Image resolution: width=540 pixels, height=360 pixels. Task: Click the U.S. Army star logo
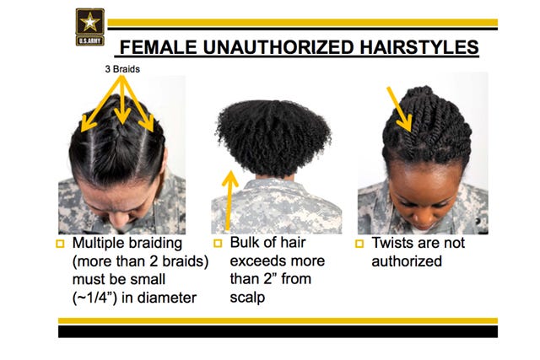pyautogui.click(x=90, y=27)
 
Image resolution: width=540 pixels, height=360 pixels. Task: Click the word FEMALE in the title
pyautogui.click(x=158, y=47)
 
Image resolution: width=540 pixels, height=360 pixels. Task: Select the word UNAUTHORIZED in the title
pyautogui.click(x=278, y=47)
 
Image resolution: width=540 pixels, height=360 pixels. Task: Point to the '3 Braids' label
pyautogui.click(x=122, y=69)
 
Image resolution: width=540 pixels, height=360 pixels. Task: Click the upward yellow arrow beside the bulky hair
pyautogui.click(x=229, y=201)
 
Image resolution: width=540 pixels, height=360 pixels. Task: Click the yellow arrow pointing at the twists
pyautogui.click(x=399, y=109)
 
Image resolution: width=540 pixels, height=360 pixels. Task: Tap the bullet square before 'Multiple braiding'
pyautogui.click(x=60, y=244)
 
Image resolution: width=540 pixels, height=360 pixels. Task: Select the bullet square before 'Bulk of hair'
pyautogui.click(x=218, y=244)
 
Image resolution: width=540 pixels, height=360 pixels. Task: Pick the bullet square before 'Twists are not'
pyautogui.click(x=359, y=244)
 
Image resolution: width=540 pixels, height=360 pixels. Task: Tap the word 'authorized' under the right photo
pyautogui.click(x=407, y=261)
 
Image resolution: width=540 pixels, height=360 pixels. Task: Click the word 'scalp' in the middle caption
pyautogui.click(x=247, y=298)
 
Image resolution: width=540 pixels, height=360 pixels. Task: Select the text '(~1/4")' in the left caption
pyautogui.click(x=94, y=298)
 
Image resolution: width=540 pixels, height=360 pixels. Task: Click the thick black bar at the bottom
pyautogui.click(x=278, y=331)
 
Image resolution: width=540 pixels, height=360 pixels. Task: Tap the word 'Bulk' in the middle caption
pyautogui.click(x=244, y=243)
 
